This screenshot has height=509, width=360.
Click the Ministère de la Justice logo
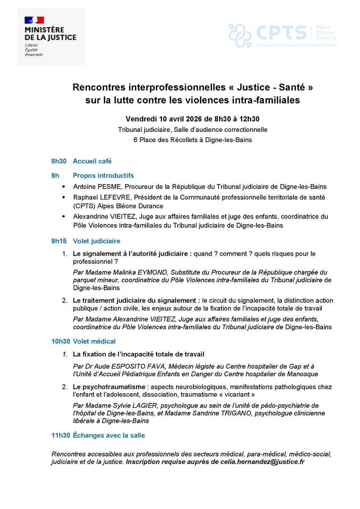(51, 37)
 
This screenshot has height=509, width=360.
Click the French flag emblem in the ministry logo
(34, 20)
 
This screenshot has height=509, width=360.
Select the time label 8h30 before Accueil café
(59, 161)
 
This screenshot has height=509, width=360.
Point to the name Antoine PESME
(94, 187)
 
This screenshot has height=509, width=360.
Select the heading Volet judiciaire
(97, 241)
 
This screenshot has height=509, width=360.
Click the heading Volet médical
(94, 341)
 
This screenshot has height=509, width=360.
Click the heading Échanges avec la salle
(109, 435)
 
